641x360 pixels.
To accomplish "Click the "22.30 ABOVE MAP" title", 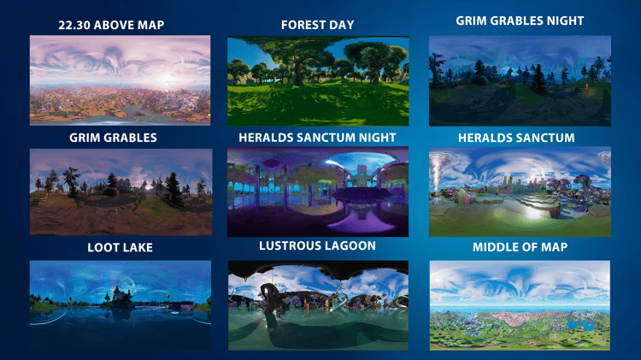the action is pos(111,25).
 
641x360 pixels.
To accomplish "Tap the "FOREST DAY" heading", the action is pos(318,25).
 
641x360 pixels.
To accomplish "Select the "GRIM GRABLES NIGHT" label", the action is pos(520,21).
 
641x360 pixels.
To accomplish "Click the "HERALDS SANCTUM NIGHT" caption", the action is pos(317,138).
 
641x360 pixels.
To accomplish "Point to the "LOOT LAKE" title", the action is pos(121,247).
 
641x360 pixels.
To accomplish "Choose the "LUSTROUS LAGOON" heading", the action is pos(317,245).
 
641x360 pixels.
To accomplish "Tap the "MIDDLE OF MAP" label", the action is pos(520,247).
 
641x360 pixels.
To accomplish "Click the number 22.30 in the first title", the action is pos(74,25).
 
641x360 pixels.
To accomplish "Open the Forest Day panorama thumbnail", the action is pos(318,81).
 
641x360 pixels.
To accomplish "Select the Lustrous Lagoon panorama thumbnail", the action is pos(318,305).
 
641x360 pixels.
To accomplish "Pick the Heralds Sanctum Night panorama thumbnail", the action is pos(318,192).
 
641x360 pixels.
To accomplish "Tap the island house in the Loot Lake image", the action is pos(118,298).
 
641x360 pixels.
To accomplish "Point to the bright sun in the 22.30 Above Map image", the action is pos(167,79).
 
